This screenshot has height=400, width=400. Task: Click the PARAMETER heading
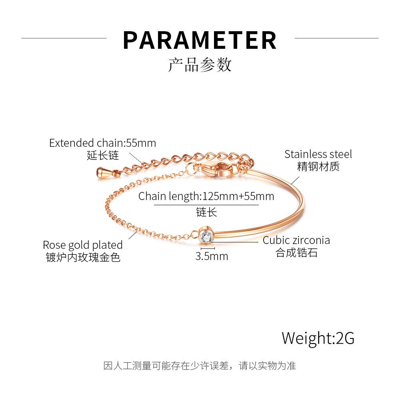pyautogui.click(x=200, y=40)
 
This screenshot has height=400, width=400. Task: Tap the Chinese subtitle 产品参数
pyautogui.click(x=200, y=64)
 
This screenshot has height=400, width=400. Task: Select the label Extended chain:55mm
pyautogui.click(x=102, y=143)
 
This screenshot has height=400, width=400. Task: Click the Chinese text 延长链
pyautogui.click(x=103, y=155)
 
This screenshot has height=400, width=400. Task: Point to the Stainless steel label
pyautogui.click(x=318, y=154)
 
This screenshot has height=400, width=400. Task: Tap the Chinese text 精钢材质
pyautogui.click(x=318, y=166)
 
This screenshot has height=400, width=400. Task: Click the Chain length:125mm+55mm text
pyautogui.click(x=206, y=196)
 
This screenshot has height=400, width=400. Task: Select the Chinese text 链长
pyautogui.click(x=206, y=212)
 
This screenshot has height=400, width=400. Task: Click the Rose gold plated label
pyautogui.click(x=83, y=245)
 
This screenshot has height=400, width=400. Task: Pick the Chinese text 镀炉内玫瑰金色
pyautogui.click(x=83, y=257)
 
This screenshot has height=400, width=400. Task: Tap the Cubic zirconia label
pyautogui.click(x=296, y=240)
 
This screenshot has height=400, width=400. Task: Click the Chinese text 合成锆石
pyautogui.click(x=296, y=253)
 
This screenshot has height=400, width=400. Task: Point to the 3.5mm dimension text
pyautogui.click(x=212, y=256)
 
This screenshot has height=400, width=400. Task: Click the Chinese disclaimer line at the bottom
pyautogui.click(x=200, y=366)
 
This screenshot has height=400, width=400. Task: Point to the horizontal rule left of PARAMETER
pyautogui.click(x=64, y=38)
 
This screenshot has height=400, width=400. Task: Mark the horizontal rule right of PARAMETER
pyautogui.click(x=336, y=38)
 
